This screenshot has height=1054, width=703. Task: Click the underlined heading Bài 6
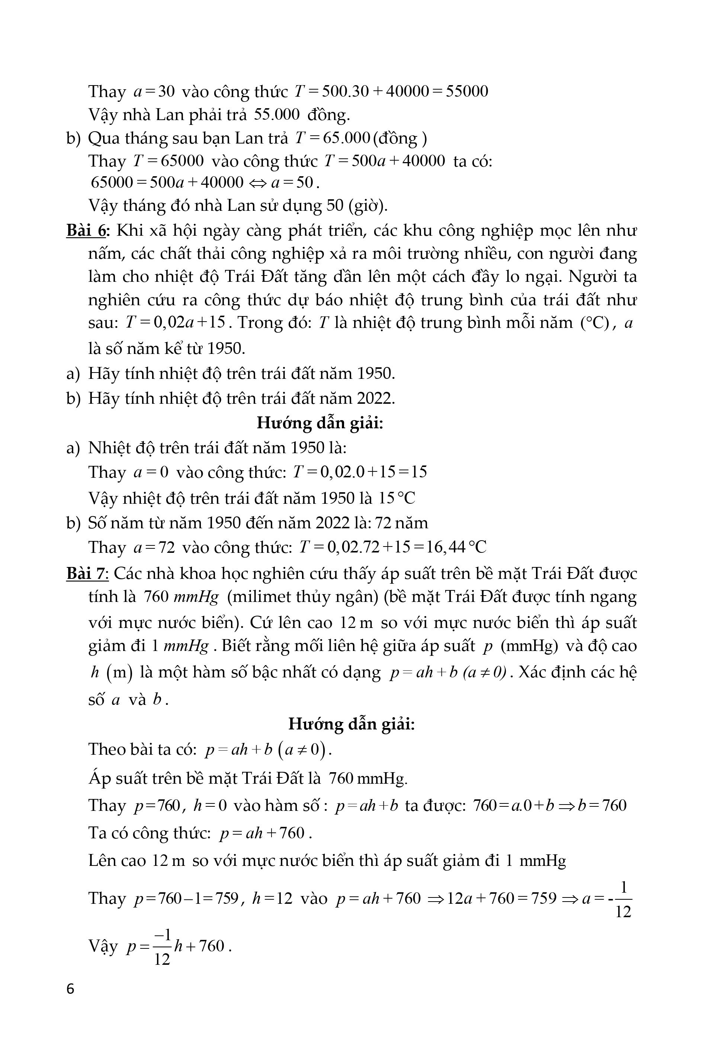[x=87, y=231]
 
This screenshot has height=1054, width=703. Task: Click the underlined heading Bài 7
[x=87, y=574]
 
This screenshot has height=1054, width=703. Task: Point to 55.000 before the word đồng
[x=277, y=115]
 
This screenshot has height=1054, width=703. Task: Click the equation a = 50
[x=295, y=183]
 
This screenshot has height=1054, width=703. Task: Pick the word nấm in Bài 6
[x=105, y=254]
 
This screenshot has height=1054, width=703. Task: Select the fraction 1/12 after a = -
[x=623, y=899]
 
